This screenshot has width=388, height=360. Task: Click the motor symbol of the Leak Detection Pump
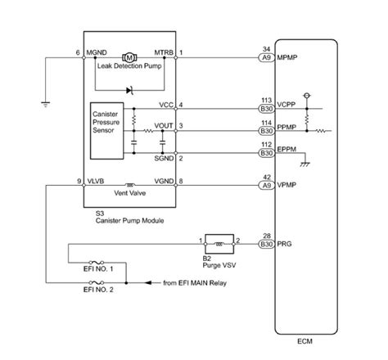click(x=129, y=56)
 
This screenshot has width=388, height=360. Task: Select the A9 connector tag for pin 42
click(x=265, y=186)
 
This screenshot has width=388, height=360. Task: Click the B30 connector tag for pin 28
click(x=265, y=245)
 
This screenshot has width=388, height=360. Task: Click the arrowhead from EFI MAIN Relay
click(x=151, y=282)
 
